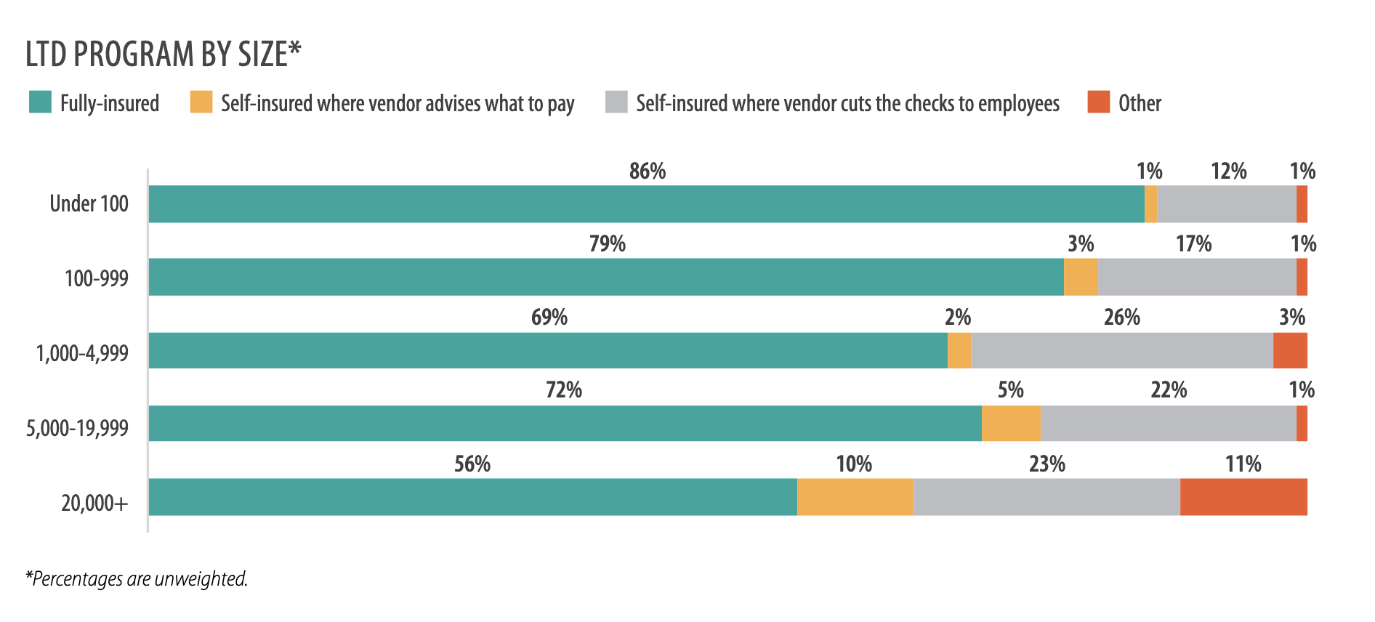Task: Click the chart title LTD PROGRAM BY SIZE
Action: pos(163,54)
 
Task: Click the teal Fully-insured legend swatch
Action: pos(40,102)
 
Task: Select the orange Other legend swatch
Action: pos(1098,102)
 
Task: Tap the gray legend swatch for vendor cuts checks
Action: pos(616,102)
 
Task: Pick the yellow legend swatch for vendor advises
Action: pos(201,102)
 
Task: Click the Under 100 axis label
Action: pos(89,203)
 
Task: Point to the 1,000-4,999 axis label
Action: pos(82,353)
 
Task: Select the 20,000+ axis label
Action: pos(94,502)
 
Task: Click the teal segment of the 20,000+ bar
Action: pos(472,497)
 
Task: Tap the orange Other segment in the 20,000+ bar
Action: pos(1243,497)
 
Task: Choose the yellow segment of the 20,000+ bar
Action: pos(855,497)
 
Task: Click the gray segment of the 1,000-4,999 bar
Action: pos(1121,350)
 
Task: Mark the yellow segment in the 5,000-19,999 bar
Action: pos(1011,424)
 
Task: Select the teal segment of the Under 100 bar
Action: pos(646,204)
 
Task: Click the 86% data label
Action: pos(648,171)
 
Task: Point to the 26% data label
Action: pos(1122,318)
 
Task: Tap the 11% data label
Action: pos(1243,464)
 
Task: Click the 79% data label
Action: pos(608,244)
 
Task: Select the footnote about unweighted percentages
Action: pos(137,579)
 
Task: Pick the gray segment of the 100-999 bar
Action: pos(1196,277)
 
